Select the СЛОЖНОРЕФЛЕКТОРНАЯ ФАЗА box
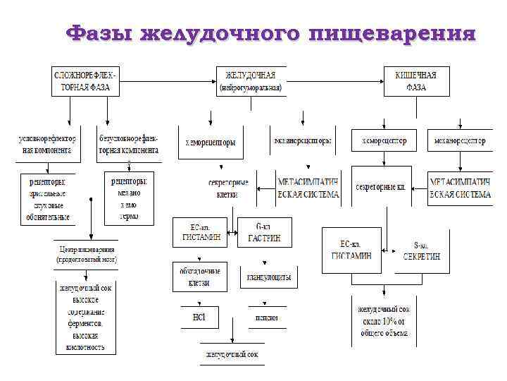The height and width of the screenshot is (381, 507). (85, 80)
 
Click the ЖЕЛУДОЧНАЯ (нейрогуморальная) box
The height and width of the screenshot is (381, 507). (251, 80)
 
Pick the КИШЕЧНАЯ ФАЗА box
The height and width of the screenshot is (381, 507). (416, 80)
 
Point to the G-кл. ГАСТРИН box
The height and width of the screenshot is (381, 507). (264, 232)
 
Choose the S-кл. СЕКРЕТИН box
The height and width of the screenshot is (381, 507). (422, 250)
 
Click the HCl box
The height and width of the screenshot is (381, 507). (199, 317)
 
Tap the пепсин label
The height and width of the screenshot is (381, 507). (267, 317)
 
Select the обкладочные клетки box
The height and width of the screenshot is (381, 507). (201, 277)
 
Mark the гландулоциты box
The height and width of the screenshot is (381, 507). (269, 277)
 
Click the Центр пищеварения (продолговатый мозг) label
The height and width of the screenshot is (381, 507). (87, 254)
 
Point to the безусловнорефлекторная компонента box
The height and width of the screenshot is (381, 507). (130, 145)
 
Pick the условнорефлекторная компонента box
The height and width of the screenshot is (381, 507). (46, 145)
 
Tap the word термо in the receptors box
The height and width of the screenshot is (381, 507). (130, 216)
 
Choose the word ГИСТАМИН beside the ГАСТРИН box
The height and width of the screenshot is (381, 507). (205, 238)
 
